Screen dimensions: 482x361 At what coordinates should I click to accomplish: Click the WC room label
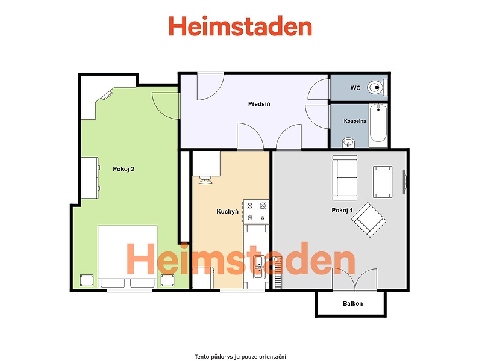click(355, 88)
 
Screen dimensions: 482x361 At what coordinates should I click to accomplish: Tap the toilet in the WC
click(377, 87)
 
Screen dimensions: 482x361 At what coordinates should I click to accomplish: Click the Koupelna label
click(355, 121)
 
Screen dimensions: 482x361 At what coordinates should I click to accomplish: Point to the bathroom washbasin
click(348, 143)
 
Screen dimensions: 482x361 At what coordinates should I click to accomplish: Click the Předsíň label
click(259, 104)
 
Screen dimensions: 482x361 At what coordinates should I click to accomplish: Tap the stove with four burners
click(257, 212)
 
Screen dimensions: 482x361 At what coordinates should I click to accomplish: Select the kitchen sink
click(258, 267)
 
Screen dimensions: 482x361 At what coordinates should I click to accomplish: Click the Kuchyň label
click(228, 212)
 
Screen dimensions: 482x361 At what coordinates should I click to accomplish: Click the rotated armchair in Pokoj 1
click(369, 220)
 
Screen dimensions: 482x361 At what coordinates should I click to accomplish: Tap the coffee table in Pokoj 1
click(383, 182)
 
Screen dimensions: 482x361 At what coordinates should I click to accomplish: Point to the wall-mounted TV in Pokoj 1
click(405, 182)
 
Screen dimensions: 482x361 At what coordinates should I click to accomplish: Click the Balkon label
click(353, 304)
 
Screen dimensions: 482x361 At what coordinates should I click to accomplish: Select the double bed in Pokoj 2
click(128, 258)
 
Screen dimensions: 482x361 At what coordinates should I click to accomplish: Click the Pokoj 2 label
click(124, 169)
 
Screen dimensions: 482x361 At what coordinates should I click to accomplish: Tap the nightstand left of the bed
click(87, 280)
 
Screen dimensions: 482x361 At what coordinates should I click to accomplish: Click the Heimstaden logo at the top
click(240, 26)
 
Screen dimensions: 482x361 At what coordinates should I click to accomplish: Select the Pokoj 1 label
click(342, 210)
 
